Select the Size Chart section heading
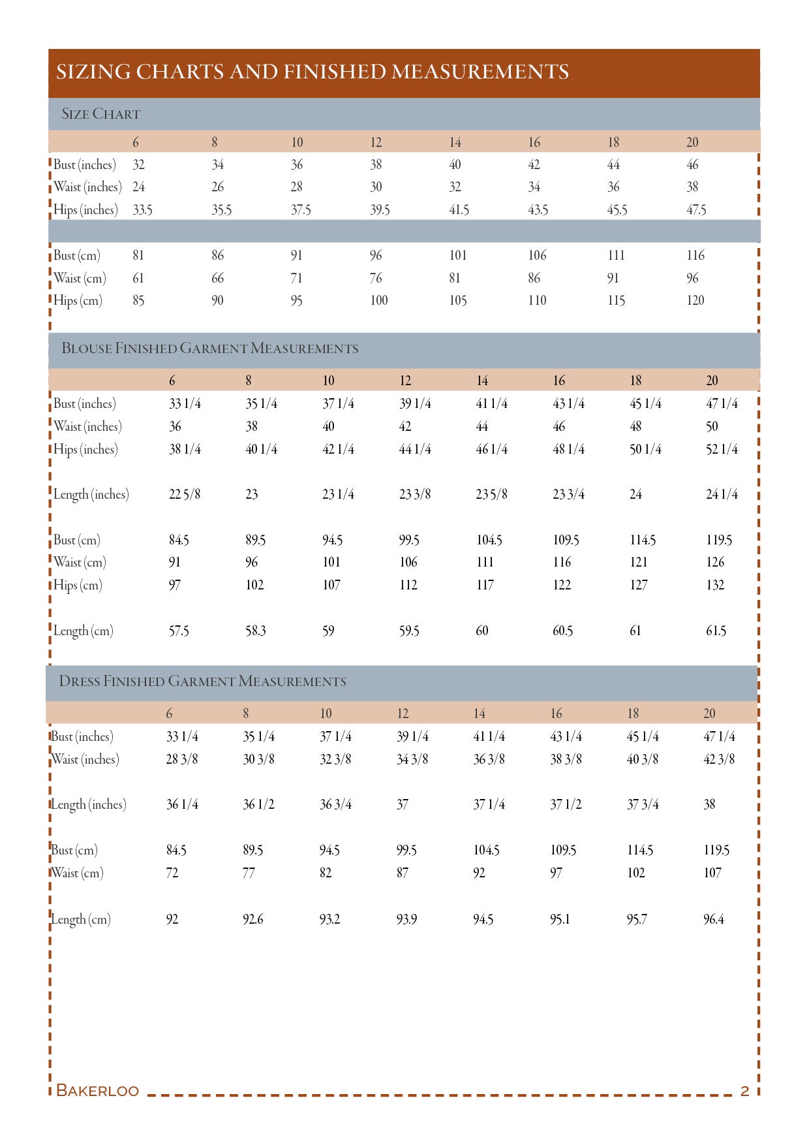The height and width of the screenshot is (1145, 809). (x=100, y=114)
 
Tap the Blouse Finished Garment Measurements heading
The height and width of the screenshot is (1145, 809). (x=209, y=349)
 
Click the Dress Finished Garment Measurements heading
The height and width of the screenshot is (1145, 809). (x=202, y=682)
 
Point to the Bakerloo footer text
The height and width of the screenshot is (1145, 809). (x=97, y=1090)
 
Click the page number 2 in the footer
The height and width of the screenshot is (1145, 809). (x=744, y=1090)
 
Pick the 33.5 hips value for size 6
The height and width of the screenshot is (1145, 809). (x=142, y=210)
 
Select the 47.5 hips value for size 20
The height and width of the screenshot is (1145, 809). (x=696, y=210)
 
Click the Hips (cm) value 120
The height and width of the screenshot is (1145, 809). (x=695, y=300)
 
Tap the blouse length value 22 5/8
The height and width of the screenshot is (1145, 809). (x=185, y=494)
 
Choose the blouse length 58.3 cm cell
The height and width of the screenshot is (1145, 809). (x=256, y=631)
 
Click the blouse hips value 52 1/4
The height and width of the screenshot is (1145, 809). (x=722, y=449)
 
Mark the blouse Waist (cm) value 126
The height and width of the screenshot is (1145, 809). (x=715, y=562)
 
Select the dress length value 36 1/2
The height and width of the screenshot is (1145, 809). (x=258, y=804)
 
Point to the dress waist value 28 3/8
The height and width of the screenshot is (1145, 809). (x=182, y=759)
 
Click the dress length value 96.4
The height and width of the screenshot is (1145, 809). (x=714, y=919)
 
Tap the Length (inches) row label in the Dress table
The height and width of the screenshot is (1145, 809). (x=89, y=804)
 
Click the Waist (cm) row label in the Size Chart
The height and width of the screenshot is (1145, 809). (x=80, y=278)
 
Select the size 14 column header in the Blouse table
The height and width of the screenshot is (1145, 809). (x=482, y=381)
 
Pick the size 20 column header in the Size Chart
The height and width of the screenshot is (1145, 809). (x=692, y=142)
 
